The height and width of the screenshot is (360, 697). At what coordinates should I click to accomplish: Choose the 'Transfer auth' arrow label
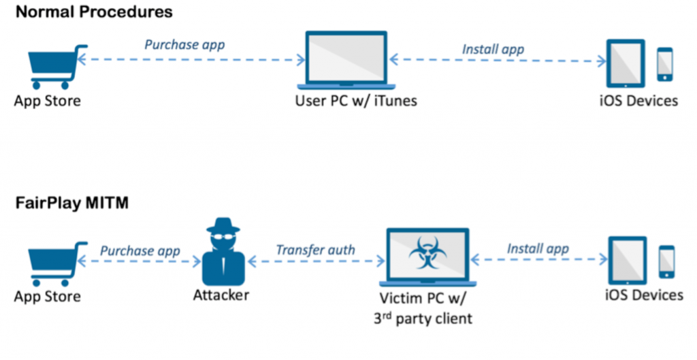pos(315,250)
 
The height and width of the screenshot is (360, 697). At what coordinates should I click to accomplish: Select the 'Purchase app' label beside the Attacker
pos(140,250)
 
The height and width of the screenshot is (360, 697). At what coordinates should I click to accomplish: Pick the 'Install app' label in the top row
pos(493,49)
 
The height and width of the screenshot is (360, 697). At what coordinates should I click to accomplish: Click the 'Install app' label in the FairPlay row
pos(538,249)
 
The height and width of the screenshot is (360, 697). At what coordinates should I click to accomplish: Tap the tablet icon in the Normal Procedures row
pos(625,63)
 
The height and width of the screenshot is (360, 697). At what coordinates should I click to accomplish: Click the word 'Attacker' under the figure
pos(221,295)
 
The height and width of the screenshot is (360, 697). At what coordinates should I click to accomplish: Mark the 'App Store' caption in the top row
pos(47,101)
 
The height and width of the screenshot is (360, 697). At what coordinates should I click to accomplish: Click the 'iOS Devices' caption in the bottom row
pos(644,295)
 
